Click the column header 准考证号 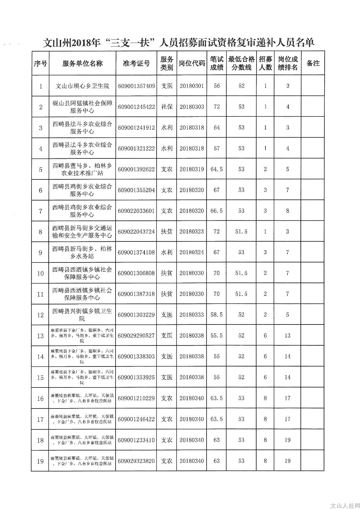coord(136,63)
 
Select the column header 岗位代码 coord(192,63)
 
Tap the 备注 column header coord(313,63)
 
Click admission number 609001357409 coord(136,86)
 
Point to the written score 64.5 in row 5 coord(216,169)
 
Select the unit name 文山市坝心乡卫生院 coord(82,86)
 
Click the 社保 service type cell coord(167,107)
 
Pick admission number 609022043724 coord(136,232)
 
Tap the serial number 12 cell coord(40,315)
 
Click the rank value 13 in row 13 coord(287,336)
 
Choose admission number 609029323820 coord(136,461)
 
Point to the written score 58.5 coord(216,315)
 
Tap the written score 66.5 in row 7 coord(216,211)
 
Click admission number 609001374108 coord(136,253)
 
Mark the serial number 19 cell coord(40,461)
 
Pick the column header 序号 coord(40,63)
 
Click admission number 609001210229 coord(136,398)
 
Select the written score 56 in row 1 coord(217,86)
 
